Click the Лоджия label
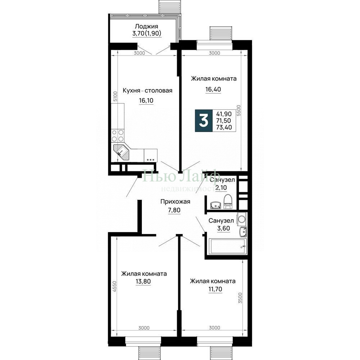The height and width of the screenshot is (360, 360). (x=146, y=26)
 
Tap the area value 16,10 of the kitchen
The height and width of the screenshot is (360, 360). (x=146, y=100)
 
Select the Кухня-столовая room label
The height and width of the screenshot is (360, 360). (x=147, y=90)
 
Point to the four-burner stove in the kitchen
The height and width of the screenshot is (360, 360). (x=118, y=135)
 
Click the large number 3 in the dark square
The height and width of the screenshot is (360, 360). (x=204, y=121)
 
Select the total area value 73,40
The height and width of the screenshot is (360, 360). (x=224, y=127)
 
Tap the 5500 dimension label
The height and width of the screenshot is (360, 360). (x=239, y=111)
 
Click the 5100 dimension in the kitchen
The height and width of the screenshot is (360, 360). (x=115, y=96)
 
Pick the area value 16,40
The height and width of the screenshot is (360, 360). (x=213, y=89)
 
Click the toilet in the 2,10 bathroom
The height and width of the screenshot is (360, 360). (x=228, y=202)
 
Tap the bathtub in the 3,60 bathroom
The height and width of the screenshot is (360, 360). (x=227, y=246)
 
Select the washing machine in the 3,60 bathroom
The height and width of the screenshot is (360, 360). (x=242, y=219)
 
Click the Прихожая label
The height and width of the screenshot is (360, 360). (x=175, y=202)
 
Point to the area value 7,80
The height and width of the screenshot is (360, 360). (x=174, y=210)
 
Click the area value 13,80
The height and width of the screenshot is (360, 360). (x=143, y=282)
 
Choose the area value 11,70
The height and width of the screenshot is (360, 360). (x=215, y=289)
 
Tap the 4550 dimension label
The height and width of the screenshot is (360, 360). (x=115, y=287)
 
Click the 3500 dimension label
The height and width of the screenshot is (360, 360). (x=240, y=298)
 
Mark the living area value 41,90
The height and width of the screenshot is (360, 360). (x=224, y=114)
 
